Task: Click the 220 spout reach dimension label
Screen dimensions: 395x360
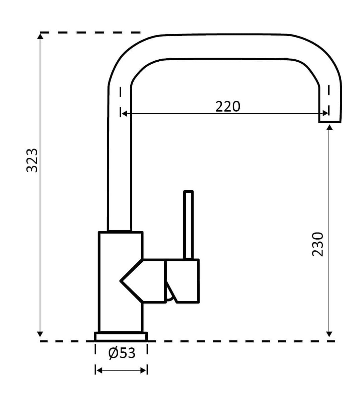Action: pos(228,107)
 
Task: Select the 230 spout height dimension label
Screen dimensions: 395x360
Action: pos(317,244)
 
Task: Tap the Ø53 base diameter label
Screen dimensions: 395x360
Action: pos(122,353)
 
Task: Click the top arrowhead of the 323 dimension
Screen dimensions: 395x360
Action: pos(40,36)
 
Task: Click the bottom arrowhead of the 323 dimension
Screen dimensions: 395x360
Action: pos(40,334)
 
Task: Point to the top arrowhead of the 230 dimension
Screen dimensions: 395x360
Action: pos(329,127)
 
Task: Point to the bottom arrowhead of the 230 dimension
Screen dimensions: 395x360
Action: pos(329,334)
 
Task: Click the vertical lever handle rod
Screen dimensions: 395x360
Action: pos(189,224)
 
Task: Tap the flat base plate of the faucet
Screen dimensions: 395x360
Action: pos(121,336)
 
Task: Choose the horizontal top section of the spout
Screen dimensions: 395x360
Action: pos(224,47)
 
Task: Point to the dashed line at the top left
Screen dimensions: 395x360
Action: pos(90,32)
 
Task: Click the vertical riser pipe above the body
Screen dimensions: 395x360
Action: pos(119,161)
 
